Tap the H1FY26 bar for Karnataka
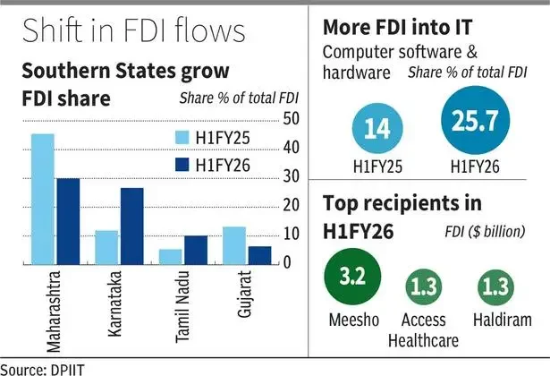131,226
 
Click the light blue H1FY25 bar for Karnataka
107,247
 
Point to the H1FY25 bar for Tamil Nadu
171,256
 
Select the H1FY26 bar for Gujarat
258,255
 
